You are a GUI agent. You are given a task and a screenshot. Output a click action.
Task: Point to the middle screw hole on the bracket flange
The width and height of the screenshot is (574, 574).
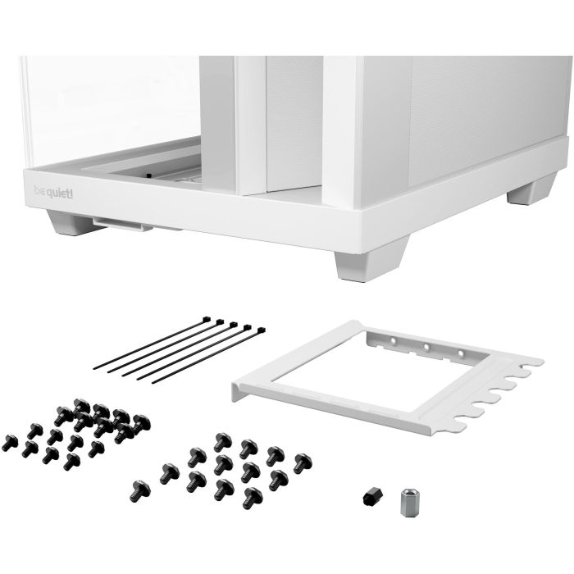[426, 346]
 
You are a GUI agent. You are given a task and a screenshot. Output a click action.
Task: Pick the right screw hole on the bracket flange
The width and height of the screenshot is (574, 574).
[460, 353]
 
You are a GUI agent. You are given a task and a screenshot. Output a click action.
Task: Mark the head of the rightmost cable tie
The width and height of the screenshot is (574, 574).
[261, 330]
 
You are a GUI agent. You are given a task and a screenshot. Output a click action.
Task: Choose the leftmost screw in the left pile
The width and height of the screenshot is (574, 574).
[11, 444]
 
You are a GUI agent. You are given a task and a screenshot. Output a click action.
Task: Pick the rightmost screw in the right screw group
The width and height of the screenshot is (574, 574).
[302, 462]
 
